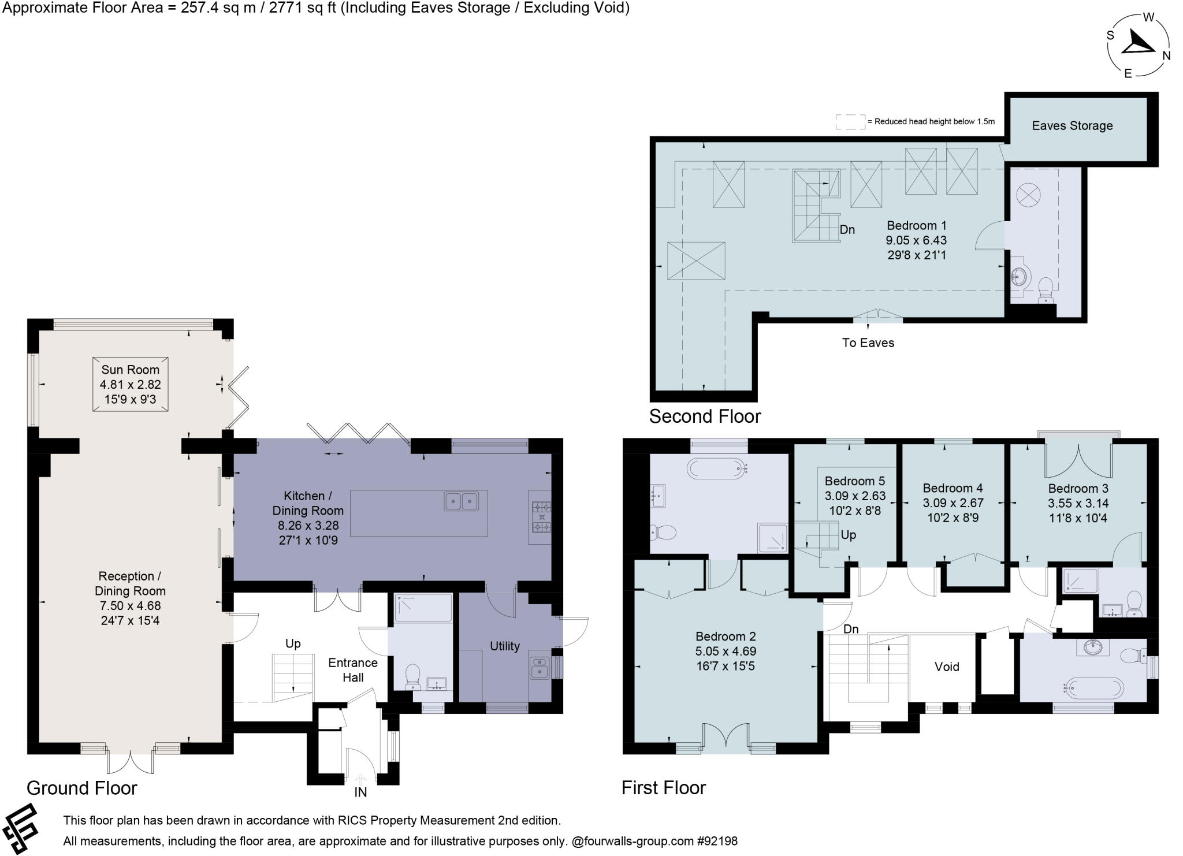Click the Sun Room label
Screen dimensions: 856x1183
pos(130,370)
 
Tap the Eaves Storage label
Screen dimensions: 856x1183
pos(1072,126)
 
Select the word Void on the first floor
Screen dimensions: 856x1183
pos(947,667)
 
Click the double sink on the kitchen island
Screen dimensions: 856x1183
pos(461,501)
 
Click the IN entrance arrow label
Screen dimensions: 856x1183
pos(360,792)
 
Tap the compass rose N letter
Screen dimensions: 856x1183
pos(1166,56)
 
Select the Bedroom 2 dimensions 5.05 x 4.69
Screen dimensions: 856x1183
pos(726,651)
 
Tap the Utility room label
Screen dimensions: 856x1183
pos(504,646)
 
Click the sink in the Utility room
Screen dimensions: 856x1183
pos(538,667)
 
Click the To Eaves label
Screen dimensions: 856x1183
pos(868,343)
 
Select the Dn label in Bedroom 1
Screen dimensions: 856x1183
pos(847,229)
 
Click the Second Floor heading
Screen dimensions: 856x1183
pos(705,416)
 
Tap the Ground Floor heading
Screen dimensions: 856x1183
pos(81,788)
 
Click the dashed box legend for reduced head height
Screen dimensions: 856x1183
pos(850,122)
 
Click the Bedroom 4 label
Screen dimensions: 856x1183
pos(953,488)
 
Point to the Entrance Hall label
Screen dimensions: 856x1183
pos(352,670)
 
